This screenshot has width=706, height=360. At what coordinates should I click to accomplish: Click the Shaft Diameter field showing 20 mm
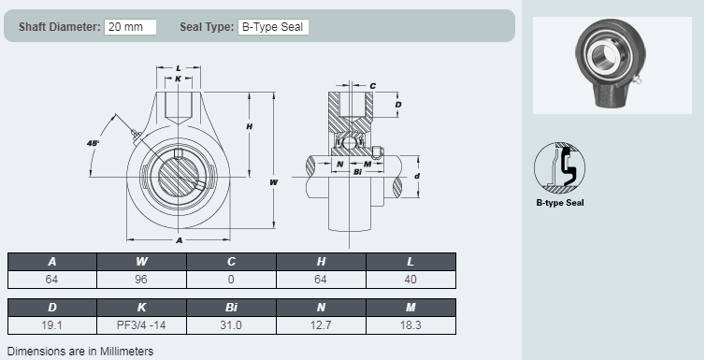point(130,27)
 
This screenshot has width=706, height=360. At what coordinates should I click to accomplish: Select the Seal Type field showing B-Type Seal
point(273,27)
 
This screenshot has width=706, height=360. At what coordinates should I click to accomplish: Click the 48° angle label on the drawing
point(93,143)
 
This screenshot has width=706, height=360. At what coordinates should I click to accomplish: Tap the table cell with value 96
point(142,280)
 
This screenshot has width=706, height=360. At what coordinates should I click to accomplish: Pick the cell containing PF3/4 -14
point(142,325)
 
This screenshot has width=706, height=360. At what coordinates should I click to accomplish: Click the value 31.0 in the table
point(231,325)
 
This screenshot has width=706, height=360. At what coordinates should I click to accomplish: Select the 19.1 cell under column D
point(52,325)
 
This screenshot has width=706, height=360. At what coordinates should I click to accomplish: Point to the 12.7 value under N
point(321,325)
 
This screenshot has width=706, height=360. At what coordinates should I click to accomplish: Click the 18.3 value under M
point(411,325)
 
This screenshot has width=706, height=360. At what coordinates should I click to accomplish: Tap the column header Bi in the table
point(231,307)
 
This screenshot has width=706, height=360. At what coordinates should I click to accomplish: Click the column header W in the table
point(142,262)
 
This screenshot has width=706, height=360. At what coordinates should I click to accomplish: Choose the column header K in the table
point(142,307)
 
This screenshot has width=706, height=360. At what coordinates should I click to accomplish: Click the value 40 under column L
point(411,280)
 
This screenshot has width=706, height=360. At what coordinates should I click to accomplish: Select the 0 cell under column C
point(231,280)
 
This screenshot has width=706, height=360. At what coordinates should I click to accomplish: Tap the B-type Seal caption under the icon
point(559,202)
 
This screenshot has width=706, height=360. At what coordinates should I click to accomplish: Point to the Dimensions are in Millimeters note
point(80,351)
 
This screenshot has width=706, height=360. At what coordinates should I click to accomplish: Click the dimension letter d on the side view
point(417,175)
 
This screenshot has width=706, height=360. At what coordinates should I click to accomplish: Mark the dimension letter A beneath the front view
point(179,240)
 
